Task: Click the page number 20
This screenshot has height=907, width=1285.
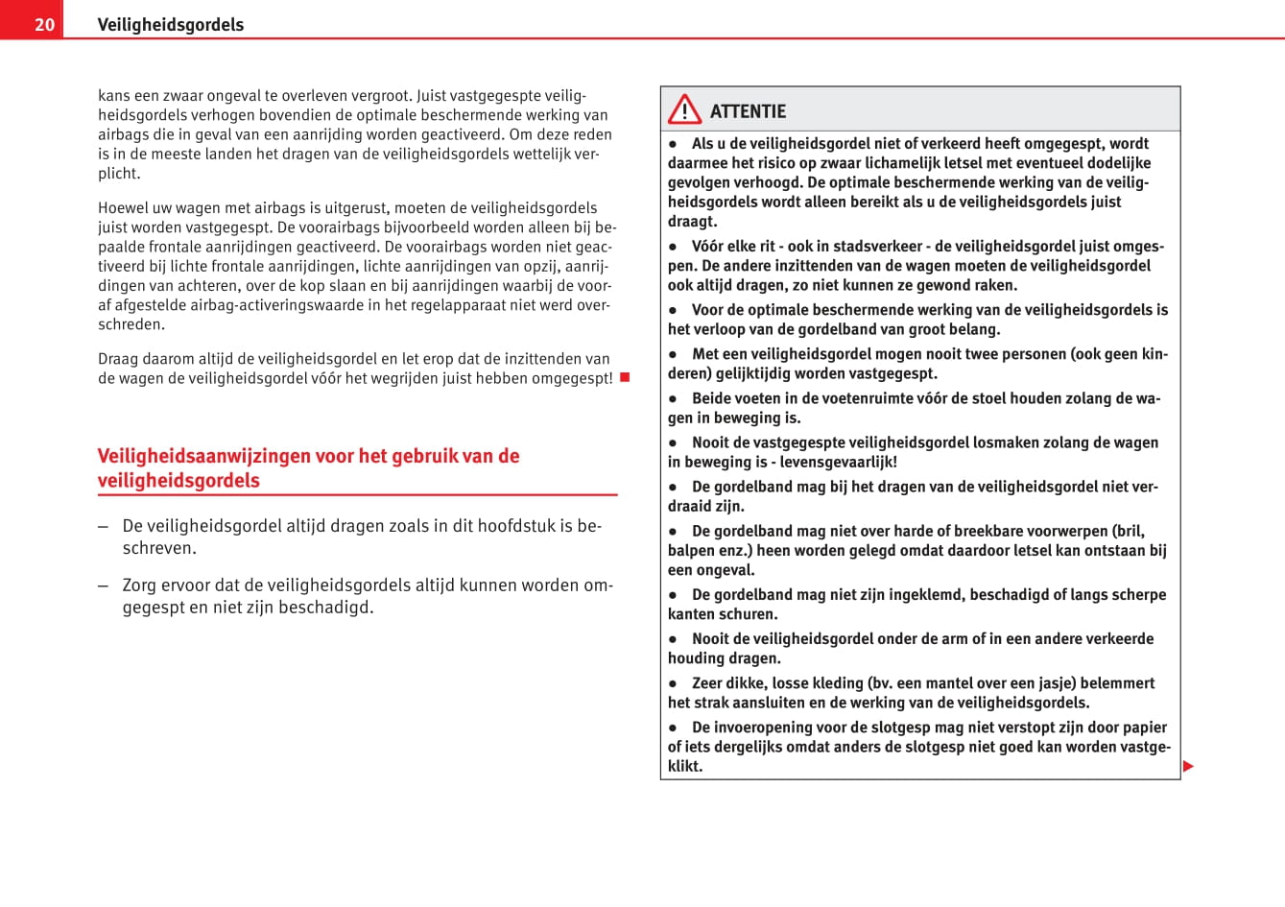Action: point(44,24)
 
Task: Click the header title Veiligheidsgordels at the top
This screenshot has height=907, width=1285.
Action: point(170,24)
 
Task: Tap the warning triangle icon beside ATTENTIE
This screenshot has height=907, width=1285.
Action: point(684,109)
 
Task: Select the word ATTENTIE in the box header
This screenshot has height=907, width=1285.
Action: point(748,111)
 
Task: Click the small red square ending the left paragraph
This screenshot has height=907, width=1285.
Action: point(624,377)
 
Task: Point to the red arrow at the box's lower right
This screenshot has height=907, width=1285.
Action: point(1188,766)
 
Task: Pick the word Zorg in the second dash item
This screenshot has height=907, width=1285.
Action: point(140,585)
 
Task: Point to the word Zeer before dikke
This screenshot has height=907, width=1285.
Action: point(709,682)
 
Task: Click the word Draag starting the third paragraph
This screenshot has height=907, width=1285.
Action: point(118,358)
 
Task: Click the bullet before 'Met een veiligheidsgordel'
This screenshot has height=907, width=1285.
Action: point(674,354)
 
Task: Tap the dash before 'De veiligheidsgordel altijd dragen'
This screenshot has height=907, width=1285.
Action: point(103,526)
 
